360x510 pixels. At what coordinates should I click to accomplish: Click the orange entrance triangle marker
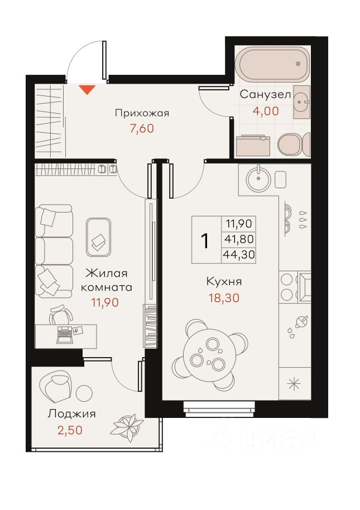tap(87, 89)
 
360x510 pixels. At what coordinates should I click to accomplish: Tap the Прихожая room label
tap(142, 113)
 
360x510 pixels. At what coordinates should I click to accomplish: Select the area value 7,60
tap(142, 128)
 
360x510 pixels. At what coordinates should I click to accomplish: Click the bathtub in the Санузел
tap(272, 65)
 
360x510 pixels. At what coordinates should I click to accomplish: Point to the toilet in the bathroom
tap(294, 145)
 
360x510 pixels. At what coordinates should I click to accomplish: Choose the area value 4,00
tap(266, 111)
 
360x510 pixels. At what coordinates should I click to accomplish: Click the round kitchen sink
tap(258, 178)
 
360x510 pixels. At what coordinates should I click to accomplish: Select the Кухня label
tap(224, 281)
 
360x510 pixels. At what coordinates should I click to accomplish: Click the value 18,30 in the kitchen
tap(224, 297)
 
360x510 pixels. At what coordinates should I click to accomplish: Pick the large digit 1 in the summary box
tap(205, 241)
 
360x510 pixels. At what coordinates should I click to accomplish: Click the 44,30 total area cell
tap(239, 254)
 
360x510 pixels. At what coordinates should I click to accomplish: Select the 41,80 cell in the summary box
tap(239, 239)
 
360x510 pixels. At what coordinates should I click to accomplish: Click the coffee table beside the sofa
tap(98, 237)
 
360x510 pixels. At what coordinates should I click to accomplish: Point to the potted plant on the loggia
tap(127, 427)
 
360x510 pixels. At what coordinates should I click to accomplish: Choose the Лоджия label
tap(71, 414)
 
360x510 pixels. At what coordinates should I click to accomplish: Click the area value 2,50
tap(70, 430)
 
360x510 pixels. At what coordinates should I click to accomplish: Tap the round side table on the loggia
tap(84, 393)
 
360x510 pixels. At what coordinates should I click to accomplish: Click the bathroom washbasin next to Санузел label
tap(302, 102)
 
